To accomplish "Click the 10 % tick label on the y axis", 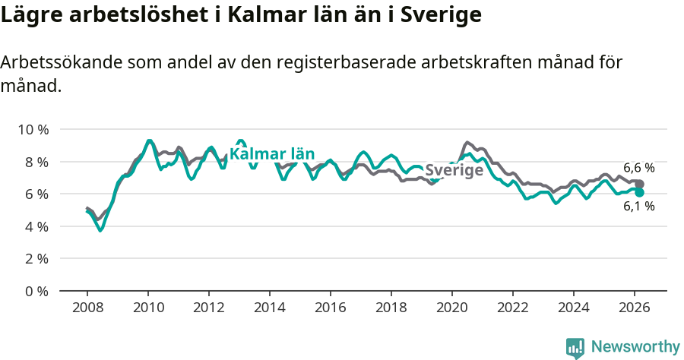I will [33, 129].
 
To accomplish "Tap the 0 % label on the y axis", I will [36, 291].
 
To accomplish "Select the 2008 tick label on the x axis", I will [87, 308].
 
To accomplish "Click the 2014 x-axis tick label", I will [270, 308].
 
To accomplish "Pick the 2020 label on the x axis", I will [452, 308].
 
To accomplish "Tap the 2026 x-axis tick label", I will [635, 308].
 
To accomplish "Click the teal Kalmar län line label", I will [272, 153].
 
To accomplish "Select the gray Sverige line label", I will [454, 170].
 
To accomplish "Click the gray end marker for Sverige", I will [640, 185].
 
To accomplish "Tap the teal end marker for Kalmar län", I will [640, 193].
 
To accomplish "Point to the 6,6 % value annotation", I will [638, 168].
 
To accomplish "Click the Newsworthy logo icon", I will [575, 348].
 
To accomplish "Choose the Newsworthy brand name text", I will [635, 347].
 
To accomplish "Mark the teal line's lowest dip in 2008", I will [101, 229].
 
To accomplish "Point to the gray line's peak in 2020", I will [467, 142].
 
